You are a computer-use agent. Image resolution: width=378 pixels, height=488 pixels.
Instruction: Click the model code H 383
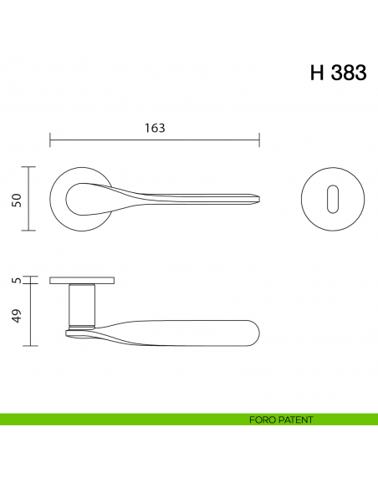pos(338,73)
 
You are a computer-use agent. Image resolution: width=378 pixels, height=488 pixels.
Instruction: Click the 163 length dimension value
pos(155,128)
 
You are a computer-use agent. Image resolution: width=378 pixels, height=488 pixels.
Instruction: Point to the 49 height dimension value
pos(15,315)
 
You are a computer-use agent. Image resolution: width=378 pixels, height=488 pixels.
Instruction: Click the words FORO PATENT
pos(281,419)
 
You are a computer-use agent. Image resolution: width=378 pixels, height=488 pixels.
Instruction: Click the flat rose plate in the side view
pos(82,279)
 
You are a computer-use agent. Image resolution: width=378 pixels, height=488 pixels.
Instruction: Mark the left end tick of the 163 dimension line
pos(50,138)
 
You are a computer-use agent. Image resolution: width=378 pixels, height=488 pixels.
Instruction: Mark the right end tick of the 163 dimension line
pos(259,138)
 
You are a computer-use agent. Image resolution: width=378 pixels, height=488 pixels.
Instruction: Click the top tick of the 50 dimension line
pos(30,167)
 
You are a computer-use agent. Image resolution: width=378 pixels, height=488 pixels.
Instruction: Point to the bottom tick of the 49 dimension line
pos(30,345)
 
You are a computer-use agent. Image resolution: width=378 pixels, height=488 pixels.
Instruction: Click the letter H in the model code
pos(317,73)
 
